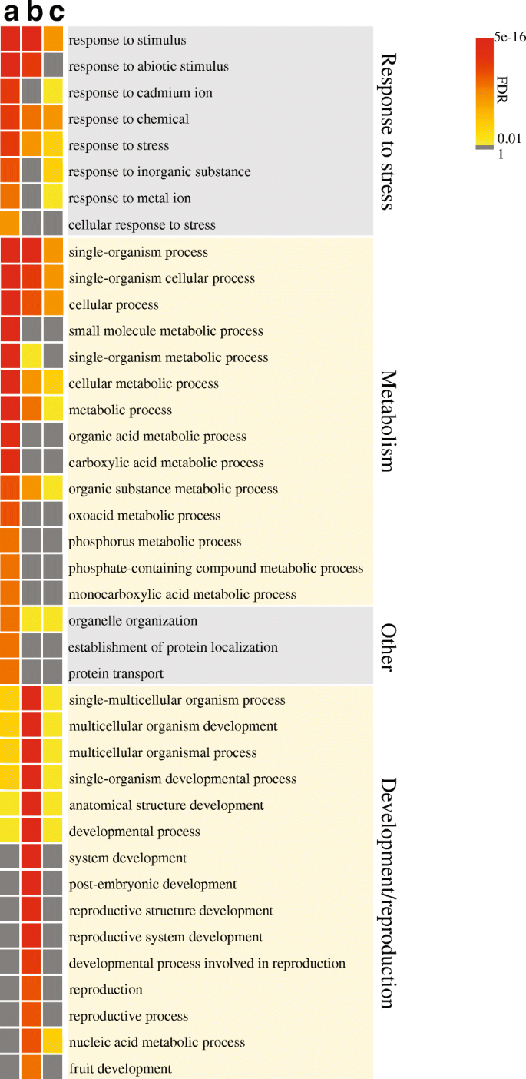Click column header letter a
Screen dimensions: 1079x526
click(x=11, y=12)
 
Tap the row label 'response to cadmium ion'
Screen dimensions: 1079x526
click(x=141, y=93)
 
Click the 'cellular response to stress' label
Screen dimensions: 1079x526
click(x=142, y=225)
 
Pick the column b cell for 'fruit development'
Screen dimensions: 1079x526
click(x=31, y=1068)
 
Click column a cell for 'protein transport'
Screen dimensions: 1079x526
click(x=10, y=673)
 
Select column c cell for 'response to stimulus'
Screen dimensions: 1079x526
click(x=53, y=40)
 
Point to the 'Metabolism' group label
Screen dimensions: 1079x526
click(x=389, y=421)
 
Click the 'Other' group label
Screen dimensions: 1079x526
click(x=389, y=646)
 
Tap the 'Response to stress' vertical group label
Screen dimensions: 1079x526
click(x=389, y=131)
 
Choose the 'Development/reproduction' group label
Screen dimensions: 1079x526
click(x=389, y=892)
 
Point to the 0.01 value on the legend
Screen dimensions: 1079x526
click(x=509, y=138)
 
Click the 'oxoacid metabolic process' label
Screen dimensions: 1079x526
click(x=144, y=516)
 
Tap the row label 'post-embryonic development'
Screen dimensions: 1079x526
click(x=153, y=885)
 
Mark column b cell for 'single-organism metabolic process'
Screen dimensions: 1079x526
click(x=31, y=357)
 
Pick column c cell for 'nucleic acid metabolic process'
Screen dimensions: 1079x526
click(x=53, y=1042)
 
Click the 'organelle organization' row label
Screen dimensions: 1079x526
click(x=133, y=621)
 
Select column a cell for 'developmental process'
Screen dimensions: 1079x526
click(x=10, y=832)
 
